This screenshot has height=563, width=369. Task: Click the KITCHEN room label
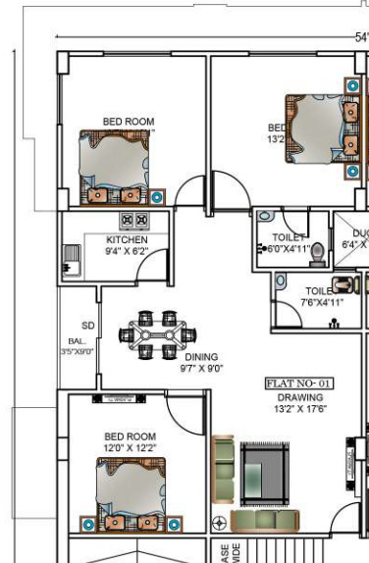coord(128,240)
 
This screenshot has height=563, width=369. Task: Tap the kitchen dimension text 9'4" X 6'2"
coord(128,251)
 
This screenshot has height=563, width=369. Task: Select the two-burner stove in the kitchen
coord(132,221)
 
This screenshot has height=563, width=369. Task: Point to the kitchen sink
coord(71,259)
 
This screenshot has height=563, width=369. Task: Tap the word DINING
coord(201,357)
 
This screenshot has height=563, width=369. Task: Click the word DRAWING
coord(292,397)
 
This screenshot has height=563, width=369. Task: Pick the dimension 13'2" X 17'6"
coord(292,409)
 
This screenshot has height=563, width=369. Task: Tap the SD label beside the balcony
coord(88,326)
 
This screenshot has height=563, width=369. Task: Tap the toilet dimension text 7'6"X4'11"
coord(324,303)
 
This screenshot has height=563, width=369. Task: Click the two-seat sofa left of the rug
coord(224,468)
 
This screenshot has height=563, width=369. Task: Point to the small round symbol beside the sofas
coord(220,521)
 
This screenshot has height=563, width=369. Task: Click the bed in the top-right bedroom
coord(319,128)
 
